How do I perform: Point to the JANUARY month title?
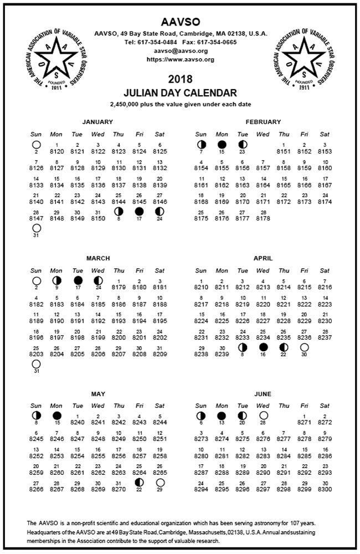(97, 122)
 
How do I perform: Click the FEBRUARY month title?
(263, 122)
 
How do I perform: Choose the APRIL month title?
(263, 258)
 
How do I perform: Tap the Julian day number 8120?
(56, 151)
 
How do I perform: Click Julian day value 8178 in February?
(263, 218)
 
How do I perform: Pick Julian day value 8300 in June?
(325, 490)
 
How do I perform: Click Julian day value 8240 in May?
(77, 422)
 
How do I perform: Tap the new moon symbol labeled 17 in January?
(139, 212)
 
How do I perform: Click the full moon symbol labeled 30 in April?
(304, 347)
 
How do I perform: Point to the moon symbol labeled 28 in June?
(264, 416)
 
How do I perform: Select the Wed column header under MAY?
(97, 406)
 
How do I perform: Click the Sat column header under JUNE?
(325, 406)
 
